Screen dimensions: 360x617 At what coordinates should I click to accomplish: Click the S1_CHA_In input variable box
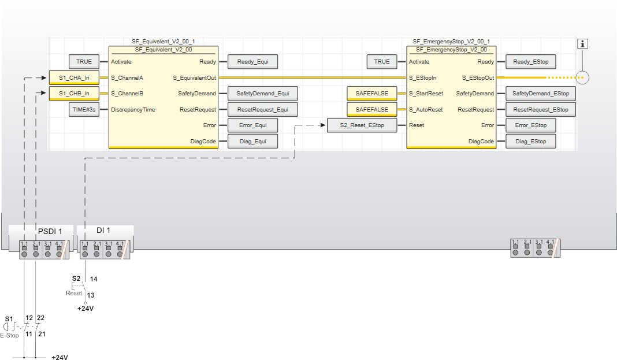(74, 77)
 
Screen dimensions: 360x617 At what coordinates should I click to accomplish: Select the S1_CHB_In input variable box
(74, 94)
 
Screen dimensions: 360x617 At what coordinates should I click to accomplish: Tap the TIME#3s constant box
(84, 109)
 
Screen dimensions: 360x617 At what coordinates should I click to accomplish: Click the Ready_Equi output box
(252, 62)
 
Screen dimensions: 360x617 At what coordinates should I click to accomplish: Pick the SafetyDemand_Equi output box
(263, 94)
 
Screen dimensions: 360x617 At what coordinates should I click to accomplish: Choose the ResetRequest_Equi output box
(263, 109)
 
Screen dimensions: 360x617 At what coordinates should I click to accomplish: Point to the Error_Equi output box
(252, 125)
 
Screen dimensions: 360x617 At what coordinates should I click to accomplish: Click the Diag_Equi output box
(252, 141)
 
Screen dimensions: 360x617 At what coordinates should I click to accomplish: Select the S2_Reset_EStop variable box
(362, 125)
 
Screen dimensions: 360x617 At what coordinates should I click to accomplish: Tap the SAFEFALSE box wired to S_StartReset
(371, 94)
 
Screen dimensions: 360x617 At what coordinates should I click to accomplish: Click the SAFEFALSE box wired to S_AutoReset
(371, 109)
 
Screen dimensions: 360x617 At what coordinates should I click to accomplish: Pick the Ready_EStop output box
(531, 62)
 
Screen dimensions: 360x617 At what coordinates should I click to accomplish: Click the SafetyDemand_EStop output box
(541, 94)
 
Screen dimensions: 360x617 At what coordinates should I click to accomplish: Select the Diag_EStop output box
(531, 141)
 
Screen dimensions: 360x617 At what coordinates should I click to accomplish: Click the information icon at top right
(583, 44)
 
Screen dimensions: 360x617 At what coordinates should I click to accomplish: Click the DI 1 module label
(103, 231)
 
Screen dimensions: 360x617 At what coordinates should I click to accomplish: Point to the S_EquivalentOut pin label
(195, 77)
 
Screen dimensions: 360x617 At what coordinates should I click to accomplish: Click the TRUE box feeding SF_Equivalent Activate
(84, 62)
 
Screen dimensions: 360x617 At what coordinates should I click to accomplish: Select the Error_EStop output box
(531, 125)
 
